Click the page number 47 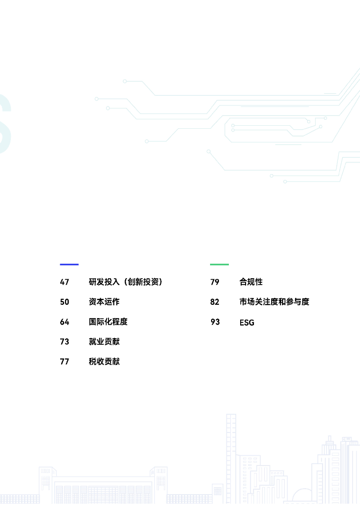coord(65,282)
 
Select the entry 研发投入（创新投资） coord(126,282)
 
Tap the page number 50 coord(65,302)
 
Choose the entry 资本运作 coord(104,302)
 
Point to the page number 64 coord(65,322)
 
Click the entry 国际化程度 coord(108,322)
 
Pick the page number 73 coord(65,341)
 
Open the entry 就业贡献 coord(104,341)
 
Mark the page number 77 coord(65,361)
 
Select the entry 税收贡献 coord(104,361)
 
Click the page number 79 coord(215,282)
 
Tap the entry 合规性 coord(251,282)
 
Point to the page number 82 coord(215,302)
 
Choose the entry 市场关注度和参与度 coord(274,302)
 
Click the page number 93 coord(215,322)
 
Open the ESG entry coord(247,323)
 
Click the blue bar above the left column coord(69,264)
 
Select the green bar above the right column coord(219,264)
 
